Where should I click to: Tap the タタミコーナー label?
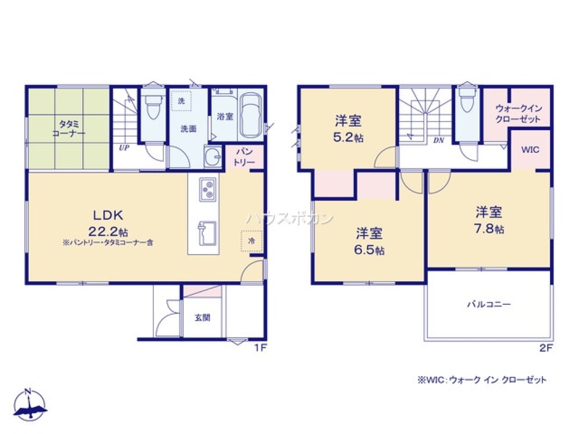pyautogui.click(x=72, y=128)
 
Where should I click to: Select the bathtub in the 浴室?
pyautogui.click(x=250, y=116)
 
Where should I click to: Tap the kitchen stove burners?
pyautogui.click(x=207, y=190)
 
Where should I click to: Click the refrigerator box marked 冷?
pyautogui.click(x=251, y=240)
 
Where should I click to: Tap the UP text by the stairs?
pyautogui.click(x=123, y=148)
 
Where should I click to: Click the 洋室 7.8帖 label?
pyautogui.click(x=489, y=219)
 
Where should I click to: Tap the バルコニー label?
pyautogui.click(x=489, y=304)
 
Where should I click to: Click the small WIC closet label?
pyautogui.click(x=530, y=149)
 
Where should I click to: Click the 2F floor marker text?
pyautogui.click(x=547, y=348)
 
